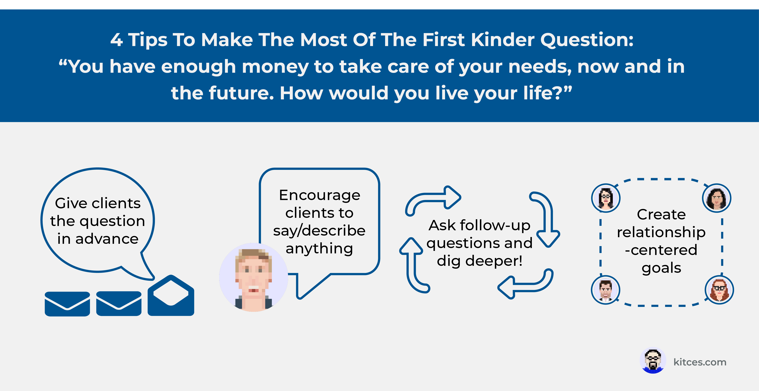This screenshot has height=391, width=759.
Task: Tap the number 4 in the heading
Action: point(117,40)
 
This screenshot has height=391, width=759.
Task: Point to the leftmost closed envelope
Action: point(67,304)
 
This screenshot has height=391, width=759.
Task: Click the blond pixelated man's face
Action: point(253,277)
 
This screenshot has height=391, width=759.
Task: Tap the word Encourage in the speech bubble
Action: point(320,195)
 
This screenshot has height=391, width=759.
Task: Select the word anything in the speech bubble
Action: point(319,249)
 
